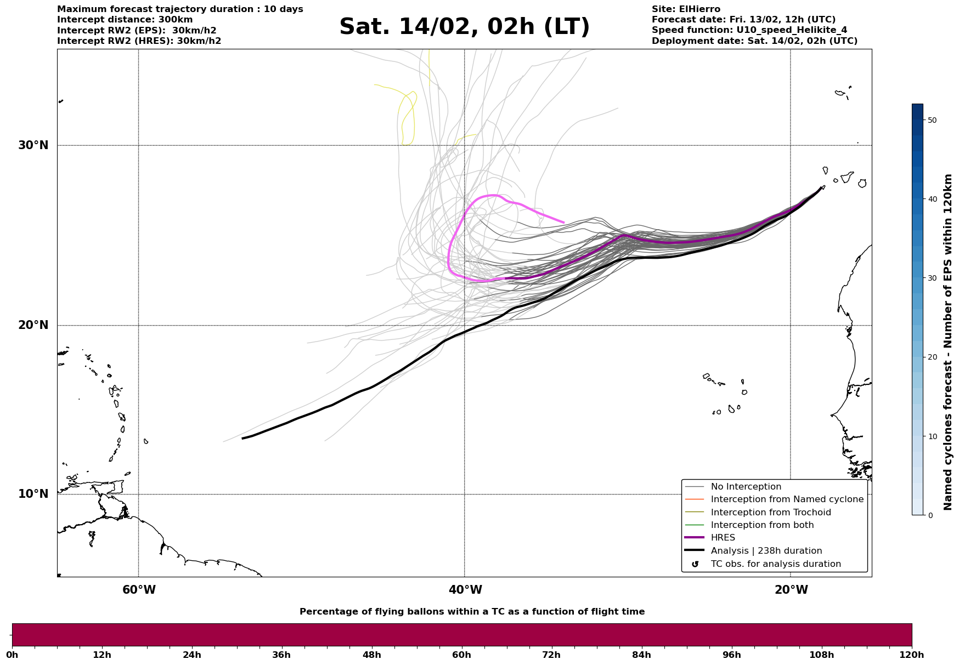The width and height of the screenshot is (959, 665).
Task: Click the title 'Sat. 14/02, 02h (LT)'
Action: [464, 27]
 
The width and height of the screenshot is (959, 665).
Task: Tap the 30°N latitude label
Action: [33, 145]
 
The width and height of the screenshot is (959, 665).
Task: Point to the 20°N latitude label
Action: [33, 325]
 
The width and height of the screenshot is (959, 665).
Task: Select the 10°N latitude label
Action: [33, 494]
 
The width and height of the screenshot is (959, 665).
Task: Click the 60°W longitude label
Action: [139, 590]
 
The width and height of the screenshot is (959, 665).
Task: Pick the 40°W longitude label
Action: [465, 590]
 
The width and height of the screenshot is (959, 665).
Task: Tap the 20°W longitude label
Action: [791, 590]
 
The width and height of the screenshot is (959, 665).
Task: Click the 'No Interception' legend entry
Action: [746, 487]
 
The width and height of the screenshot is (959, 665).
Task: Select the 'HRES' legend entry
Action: [723, 538]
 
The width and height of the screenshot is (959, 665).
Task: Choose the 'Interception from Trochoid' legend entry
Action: [770, 513]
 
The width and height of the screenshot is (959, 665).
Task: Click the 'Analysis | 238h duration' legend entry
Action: [766, 551]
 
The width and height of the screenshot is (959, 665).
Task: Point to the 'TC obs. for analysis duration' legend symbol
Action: [695, 564]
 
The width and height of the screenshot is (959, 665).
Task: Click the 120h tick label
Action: [912, 655]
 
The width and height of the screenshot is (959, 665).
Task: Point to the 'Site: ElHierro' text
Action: [686, 9]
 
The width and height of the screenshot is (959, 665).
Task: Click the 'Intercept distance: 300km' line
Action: [125, 20]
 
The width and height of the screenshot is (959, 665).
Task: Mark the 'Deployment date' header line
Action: [754, 41]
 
